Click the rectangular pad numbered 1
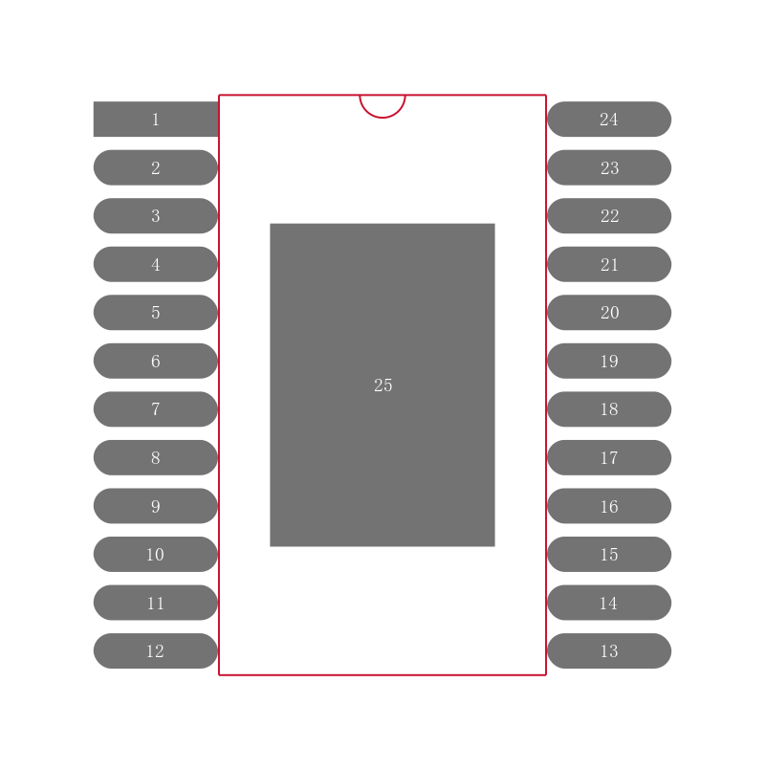pos(156,120)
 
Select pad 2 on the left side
pos(156,167)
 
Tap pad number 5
pos(156,313)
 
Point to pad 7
pos(156,409)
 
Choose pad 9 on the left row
pos(156,506)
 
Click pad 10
pos(156,555)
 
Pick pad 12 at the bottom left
pos(156,651)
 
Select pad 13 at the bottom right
pos(609,651)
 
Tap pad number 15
pos(609,555)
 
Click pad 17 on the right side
pos(609,458)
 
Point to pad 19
pos(609,361)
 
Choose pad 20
pos(609,313)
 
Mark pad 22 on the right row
pos(609,216)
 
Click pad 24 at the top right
pos(609,120)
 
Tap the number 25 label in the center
pos(382,385)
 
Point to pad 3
pos(156,216)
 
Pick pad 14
pos(609,603)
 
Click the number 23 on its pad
pos(609,168)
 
